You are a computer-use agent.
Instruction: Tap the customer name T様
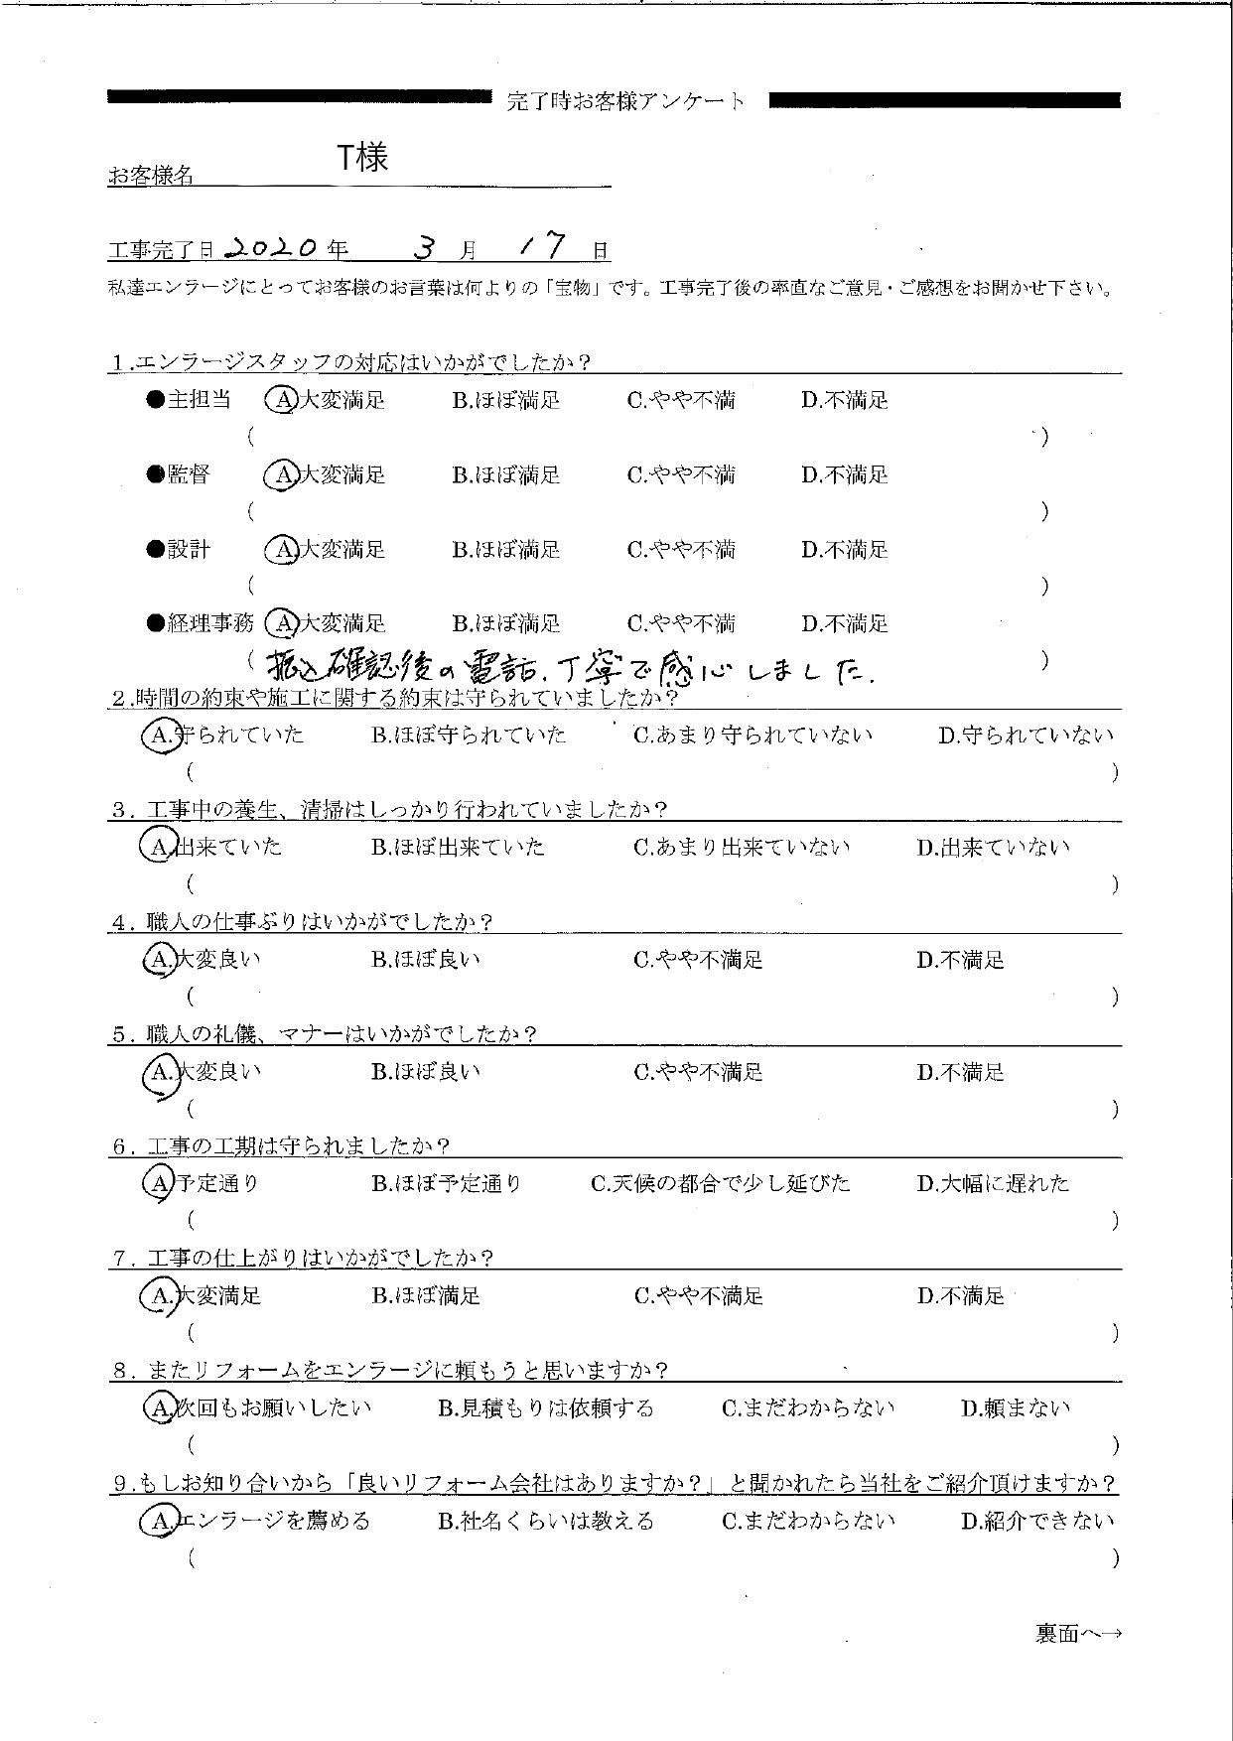click(x=362, y=158)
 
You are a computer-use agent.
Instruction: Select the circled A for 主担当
click(x=282, y=400)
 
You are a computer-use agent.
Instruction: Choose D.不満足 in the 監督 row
click(x=844, y=475)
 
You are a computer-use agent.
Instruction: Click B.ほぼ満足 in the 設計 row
click(x=505, y=550)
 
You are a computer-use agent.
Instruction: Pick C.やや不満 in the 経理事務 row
click(x=681, y=624)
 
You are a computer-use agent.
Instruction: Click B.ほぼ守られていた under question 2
click(x=469, y=736)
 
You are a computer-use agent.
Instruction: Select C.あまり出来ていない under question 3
click(x=742, y=848)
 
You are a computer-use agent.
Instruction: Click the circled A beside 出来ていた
click(x=157, y=848)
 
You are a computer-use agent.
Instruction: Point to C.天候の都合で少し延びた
click(x=720, y=1184)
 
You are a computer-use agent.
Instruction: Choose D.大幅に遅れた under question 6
click(x=993, y=1184)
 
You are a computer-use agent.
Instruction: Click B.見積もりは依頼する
click(x=545, y=1408)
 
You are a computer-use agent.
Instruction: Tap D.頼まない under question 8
click(x=1015, y=1408)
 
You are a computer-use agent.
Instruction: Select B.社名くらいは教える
click(x=545, y=1522)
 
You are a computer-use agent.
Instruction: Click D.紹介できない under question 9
click(x=1036, y=1522)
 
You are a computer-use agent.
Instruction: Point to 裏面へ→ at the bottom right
click(x=1078, y=1634)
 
